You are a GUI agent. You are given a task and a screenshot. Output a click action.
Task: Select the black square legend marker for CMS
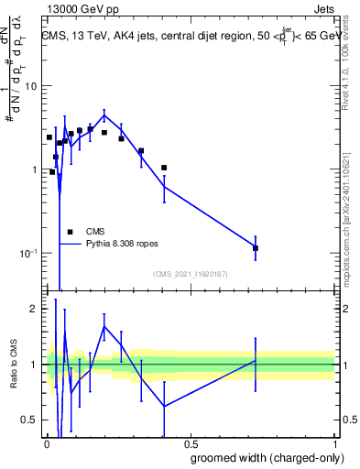click(70, 232)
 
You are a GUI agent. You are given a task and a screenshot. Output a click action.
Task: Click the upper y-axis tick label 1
click(35, 169)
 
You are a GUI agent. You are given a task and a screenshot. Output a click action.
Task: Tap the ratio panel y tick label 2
click(35, 309)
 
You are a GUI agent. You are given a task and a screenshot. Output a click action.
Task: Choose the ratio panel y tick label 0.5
click(30, 420)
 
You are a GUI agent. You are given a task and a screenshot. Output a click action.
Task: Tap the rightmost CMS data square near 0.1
click(256, 248)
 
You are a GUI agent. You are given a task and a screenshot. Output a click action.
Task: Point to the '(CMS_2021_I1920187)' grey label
click(190, 274)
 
